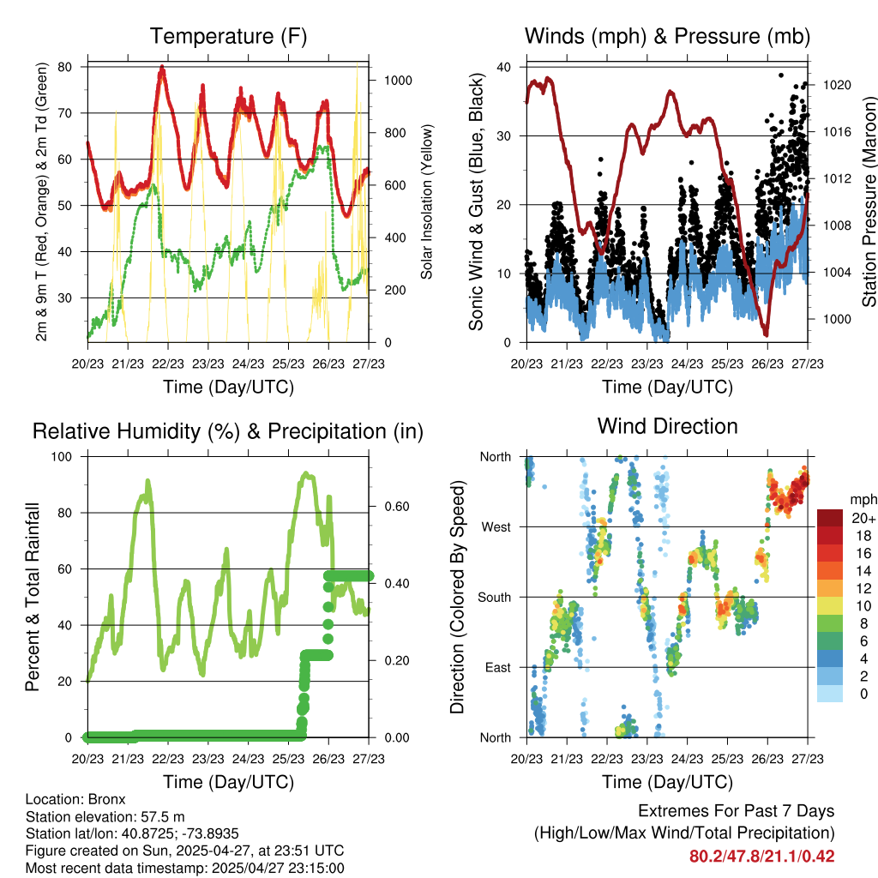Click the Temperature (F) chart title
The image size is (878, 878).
click(x=228, y=36)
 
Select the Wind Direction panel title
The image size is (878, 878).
click(x=667, y=426)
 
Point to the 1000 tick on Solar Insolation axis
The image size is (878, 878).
click(x=400, y=81)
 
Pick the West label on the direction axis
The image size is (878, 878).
click(x=496, y=527)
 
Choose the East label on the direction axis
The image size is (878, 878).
click(x=497, y=667)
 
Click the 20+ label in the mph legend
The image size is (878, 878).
click(x=863, y=518)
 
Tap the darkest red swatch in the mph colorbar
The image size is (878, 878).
click(x=830, y=518)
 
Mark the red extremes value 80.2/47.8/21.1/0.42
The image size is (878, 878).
click(x=761, y=857)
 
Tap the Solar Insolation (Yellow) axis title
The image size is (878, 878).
click(x=426, y=201)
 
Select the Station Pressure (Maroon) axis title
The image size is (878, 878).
click(x=868, y=201)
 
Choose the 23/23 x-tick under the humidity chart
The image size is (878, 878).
click(x=207, y=759)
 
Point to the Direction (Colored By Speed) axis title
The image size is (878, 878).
click(x=456, y=597)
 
